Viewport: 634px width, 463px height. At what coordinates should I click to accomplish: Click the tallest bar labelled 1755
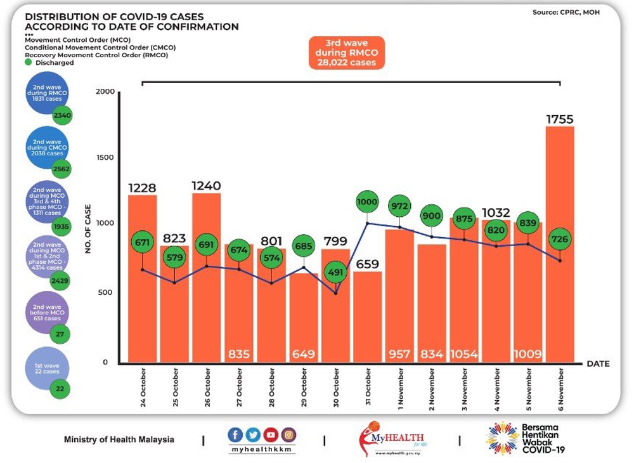pyautogui.click(x=560, y=244)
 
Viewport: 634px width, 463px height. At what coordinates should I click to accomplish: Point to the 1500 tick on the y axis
pyautogui.click(x=105, y=157)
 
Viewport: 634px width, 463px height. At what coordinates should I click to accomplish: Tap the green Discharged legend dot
pyautogui.click(x=29, y=63)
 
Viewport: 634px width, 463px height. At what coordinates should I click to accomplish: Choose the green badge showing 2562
pyautogui.click(x=61, y=169)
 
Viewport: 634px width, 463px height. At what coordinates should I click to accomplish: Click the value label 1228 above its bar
pyautogui.click(x=142, y=188)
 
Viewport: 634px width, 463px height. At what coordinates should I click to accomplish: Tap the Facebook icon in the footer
pyautogui.click(x=236, y=434)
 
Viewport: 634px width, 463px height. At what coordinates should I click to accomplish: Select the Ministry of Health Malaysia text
pyautogui.click(x=119, y=440)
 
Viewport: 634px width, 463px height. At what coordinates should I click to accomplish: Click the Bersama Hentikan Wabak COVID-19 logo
pyautogui.click(x=526, y=438)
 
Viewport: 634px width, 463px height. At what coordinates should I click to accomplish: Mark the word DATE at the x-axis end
pyautogui.click(x=598, y=364)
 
